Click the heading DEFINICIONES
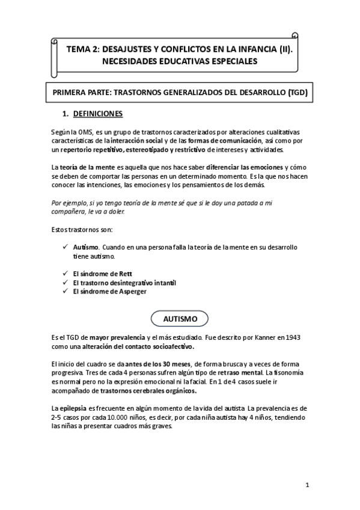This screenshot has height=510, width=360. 97,113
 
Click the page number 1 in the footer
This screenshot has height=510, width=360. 307,484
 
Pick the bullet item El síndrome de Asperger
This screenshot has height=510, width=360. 109,291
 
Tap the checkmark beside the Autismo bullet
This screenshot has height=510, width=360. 64,248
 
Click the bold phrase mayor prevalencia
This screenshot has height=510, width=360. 120,339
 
